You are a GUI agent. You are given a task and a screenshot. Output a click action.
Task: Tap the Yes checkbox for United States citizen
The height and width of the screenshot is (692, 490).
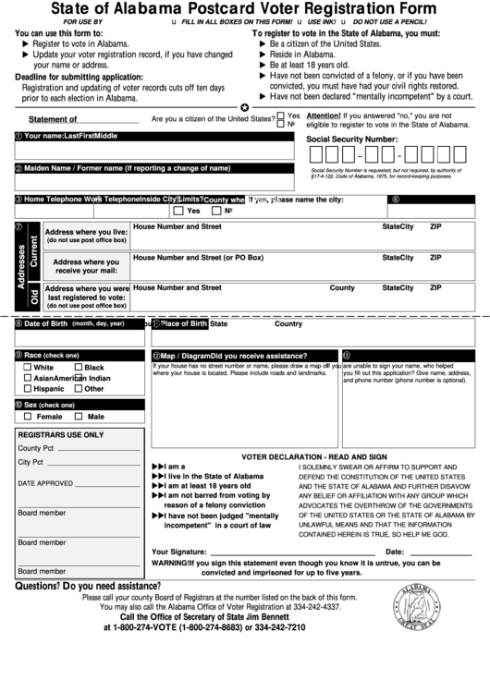281,116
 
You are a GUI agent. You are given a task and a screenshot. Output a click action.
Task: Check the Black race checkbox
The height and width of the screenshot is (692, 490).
78,368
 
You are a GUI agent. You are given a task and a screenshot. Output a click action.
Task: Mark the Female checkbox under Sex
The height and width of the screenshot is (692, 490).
28,417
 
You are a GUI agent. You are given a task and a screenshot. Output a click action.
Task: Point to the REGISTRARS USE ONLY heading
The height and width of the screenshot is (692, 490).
61,434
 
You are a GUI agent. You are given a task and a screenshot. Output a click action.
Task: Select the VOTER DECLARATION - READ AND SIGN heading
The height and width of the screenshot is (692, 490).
314,457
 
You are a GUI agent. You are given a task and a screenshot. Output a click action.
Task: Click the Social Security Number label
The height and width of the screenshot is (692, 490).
351,139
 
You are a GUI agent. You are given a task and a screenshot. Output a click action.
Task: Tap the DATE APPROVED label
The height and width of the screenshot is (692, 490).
45,483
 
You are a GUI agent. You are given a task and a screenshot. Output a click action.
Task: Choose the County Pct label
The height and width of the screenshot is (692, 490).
36,448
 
